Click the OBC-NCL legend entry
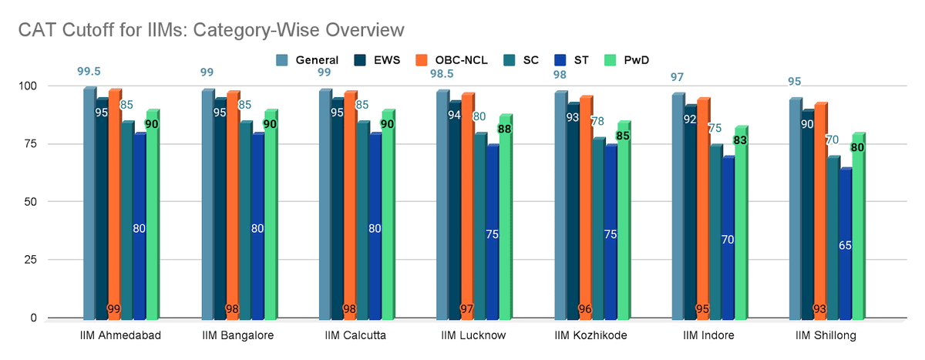tap(456, 59)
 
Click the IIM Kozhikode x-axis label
tap(591, 335)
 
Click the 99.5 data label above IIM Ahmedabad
tap(89, 71)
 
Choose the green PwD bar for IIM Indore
tap(740, 231)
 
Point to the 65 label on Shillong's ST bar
tap(845, 245)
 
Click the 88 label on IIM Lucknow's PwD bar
tap(505, 129)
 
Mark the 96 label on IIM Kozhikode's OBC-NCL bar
tap(586, 308)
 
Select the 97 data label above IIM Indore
tap(678, 77)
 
